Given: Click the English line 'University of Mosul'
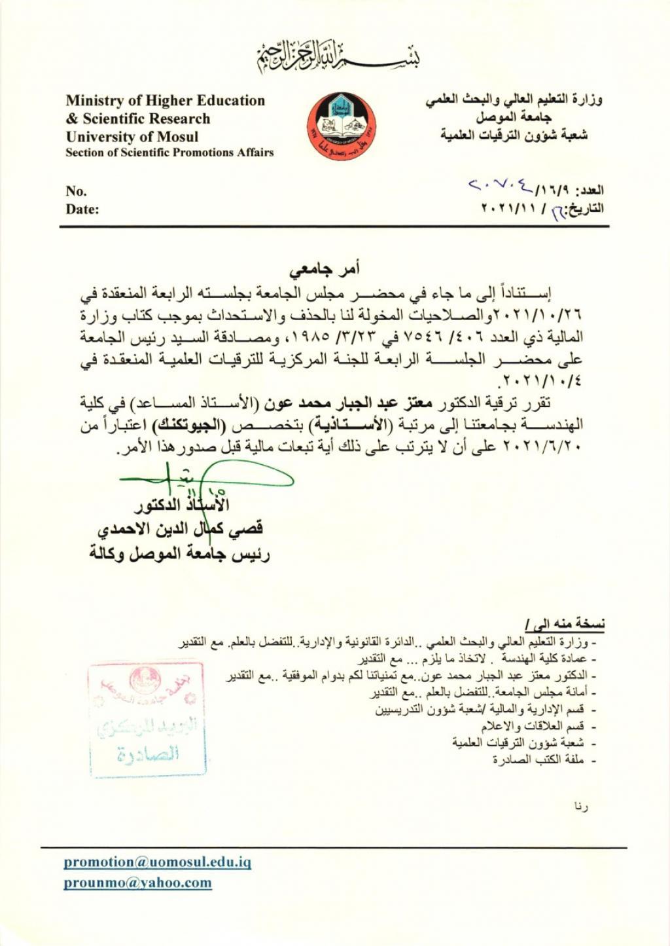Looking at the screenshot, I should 132,137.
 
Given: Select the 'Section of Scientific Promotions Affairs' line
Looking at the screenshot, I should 169,153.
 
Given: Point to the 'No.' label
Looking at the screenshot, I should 76,191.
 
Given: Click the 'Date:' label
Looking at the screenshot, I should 82,209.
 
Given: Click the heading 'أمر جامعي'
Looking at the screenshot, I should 326,269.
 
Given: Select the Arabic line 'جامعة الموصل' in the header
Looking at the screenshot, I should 520,118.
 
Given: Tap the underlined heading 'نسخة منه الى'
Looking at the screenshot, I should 565,623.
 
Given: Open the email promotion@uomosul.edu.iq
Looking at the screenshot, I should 157,862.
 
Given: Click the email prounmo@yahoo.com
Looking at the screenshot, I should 137,882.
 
